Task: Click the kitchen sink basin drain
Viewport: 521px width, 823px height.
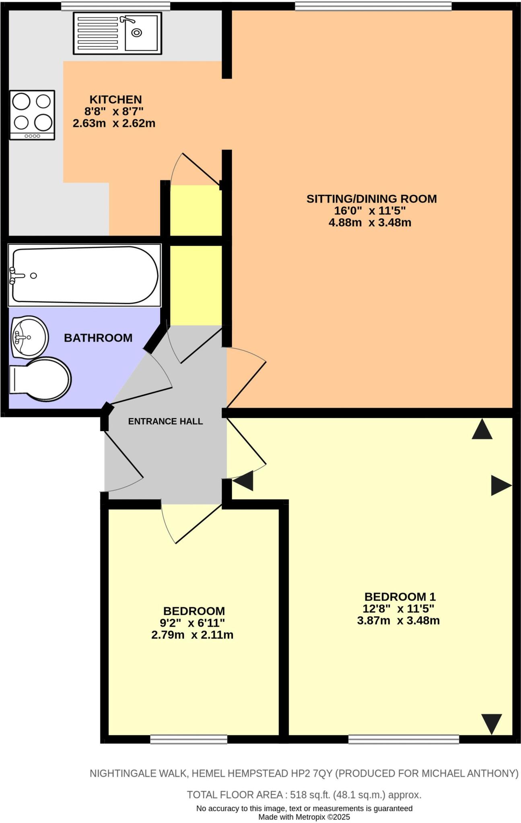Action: (137, 33)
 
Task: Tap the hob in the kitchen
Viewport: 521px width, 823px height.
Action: (32, 115)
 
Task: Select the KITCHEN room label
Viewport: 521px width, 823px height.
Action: (115, 100)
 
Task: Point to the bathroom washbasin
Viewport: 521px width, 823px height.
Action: (29, 337)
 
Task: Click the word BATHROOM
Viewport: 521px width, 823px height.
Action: (98, 338)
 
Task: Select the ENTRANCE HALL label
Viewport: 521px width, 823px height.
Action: (165, 422)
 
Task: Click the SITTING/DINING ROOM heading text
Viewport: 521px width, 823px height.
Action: (371, 199)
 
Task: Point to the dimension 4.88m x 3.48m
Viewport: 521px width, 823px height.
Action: (370, 223)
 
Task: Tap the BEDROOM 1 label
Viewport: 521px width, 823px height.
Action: (400, 597)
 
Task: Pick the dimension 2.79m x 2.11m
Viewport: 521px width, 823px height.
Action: (192, 635)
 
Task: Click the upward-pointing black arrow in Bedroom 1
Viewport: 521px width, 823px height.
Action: (482, 430)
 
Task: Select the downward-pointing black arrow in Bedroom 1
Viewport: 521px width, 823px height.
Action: (491, 723)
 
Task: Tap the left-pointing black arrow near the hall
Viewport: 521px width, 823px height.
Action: (244, 481)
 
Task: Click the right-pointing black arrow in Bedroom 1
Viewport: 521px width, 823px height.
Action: (500, 485)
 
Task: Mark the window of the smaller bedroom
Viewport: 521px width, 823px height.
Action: (189, 739)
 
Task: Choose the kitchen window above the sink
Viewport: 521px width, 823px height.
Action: (115, 6)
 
